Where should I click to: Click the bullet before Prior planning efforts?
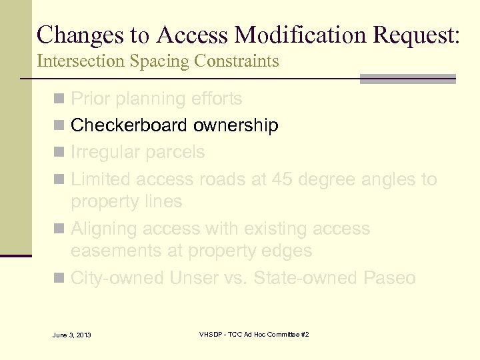point(60,99)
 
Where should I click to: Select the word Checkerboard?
point(129,125)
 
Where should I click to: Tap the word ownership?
point(236,125)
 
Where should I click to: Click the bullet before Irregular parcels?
point(60,153)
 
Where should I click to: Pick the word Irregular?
point(102,152)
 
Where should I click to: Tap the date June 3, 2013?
point(71,334)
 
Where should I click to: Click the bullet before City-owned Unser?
point(60,278)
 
